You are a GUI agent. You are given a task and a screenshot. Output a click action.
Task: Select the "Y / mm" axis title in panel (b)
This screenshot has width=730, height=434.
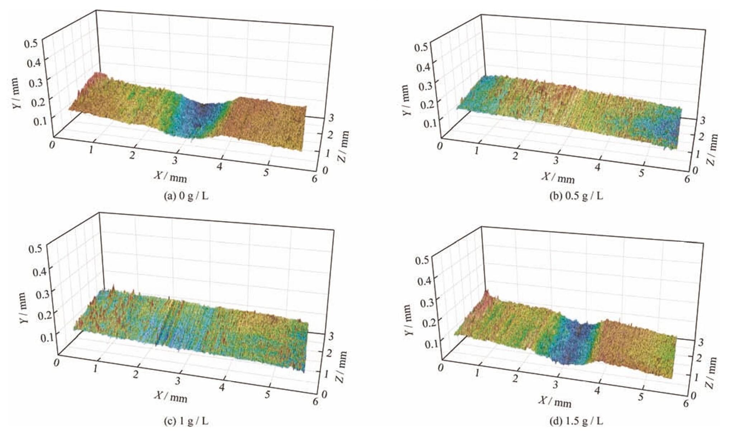click(406, 100)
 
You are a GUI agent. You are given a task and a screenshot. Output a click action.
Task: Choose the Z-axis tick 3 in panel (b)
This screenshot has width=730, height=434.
click(701, 120)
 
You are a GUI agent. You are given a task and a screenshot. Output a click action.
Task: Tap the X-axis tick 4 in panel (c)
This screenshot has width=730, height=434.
click(222, 387)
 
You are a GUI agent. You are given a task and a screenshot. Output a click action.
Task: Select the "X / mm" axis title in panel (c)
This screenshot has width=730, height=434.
click(171, 396)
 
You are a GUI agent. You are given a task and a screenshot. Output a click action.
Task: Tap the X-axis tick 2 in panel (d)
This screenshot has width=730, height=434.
click(515, 379)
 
